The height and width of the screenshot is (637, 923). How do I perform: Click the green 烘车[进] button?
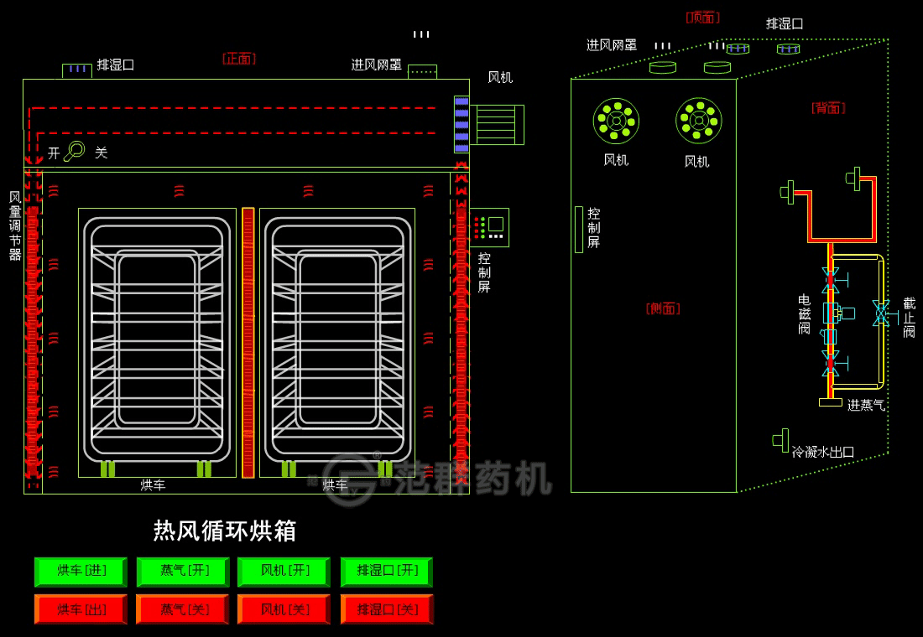81,572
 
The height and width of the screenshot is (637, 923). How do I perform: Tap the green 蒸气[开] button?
184,572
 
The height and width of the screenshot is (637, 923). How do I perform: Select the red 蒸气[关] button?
184,609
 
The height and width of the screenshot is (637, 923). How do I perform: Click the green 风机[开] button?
284,572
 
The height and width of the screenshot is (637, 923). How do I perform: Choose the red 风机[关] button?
284,609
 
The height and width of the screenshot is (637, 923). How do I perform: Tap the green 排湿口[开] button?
387,572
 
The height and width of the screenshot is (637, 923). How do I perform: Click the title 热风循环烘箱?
224,531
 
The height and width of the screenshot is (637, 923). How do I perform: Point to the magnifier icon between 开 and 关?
76,151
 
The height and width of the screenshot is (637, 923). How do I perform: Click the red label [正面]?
239,59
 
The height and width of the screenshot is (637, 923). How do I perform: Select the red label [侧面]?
663,308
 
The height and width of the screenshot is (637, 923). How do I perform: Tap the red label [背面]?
828,107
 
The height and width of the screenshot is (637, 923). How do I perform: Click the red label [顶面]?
702,17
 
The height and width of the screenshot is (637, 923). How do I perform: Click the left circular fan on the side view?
616,121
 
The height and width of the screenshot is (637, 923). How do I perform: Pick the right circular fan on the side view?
698,121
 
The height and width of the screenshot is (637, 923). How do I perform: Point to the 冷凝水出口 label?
823,452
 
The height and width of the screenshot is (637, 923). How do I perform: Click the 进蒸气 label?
866,406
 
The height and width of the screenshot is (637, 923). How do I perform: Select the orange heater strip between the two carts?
248,342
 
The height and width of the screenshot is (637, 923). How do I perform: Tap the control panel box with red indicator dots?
489,227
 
